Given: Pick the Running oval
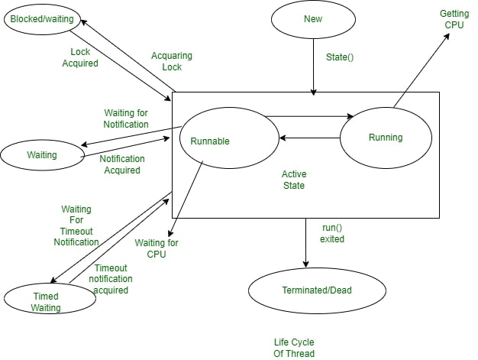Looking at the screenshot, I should [385, 138].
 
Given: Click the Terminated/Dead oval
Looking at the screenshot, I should [317, 290].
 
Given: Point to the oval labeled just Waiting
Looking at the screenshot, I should [41, 155].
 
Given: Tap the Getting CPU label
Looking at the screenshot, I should [455, 19].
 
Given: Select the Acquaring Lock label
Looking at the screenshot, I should [172, 61].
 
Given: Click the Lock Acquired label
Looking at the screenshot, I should [80, 58].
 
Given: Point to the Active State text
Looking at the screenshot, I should [294, 180].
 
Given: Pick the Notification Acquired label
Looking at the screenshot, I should [120, 164].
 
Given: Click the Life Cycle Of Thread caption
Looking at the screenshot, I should [294, 348].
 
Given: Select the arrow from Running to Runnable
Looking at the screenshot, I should [309, 138].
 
